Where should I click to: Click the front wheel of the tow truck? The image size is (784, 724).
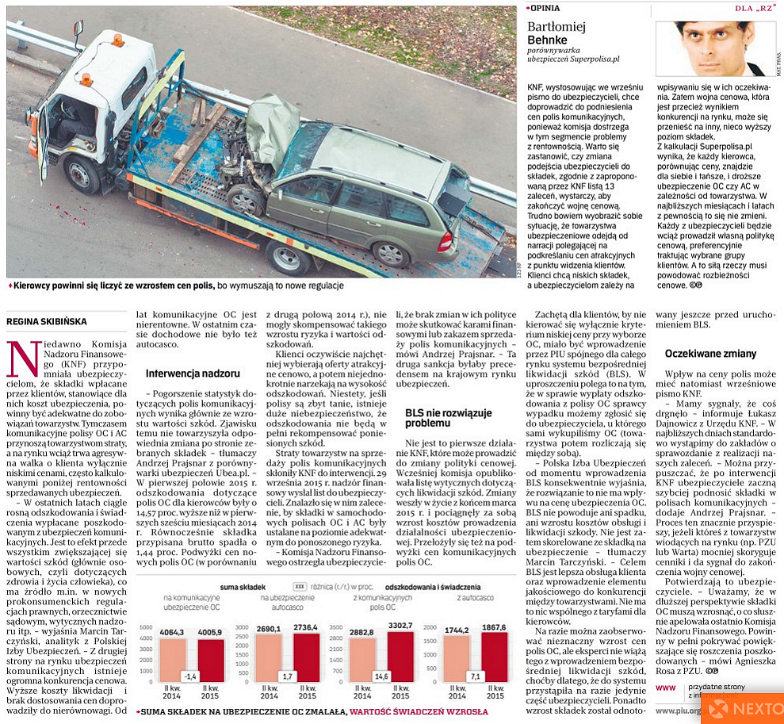point(82,174)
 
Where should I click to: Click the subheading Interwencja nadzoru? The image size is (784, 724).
point(193,372)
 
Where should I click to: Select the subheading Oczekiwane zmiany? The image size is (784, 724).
point(699,353)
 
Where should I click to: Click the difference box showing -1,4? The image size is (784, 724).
point(190,676)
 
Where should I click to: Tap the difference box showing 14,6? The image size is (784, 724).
point(380,676)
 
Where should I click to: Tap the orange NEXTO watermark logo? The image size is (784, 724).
point(744,708)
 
